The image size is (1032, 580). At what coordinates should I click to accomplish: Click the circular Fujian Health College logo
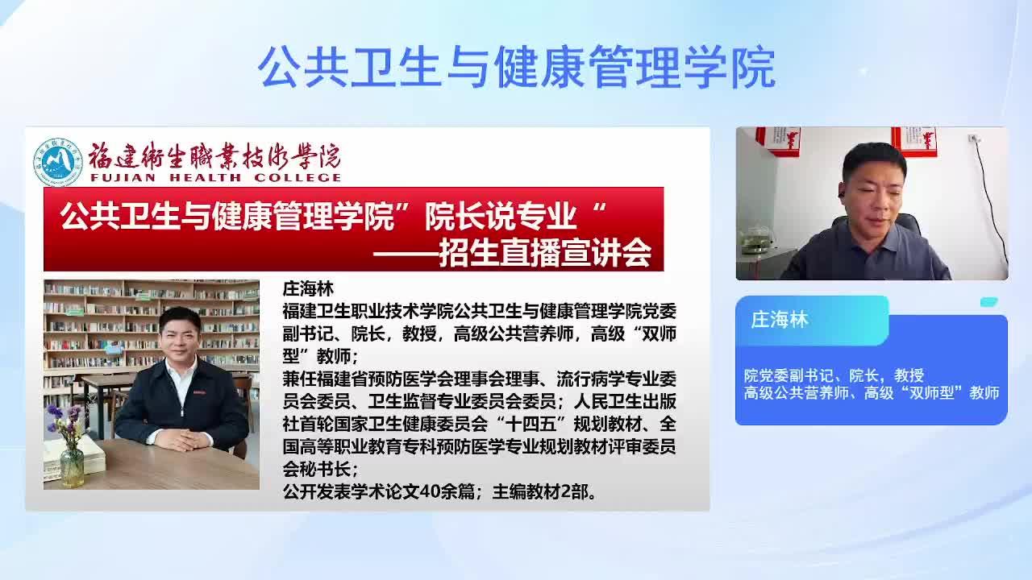coord(58,162)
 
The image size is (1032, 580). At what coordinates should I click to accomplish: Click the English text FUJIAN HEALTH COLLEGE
coord(215,178)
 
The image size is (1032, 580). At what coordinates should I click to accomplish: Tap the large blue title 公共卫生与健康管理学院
coord(517,67)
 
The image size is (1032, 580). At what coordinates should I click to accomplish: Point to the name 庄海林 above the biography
coord(308,289)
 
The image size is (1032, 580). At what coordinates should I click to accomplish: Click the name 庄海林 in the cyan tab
coord(780,320)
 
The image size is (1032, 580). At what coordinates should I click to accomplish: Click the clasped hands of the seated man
coord(182,440)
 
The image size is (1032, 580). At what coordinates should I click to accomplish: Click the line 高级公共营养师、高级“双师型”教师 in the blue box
coord(872,392)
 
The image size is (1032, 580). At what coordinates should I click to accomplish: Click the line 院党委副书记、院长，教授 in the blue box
coord(834,375)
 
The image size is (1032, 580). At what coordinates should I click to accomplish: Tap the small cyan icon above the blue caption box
coord(988,302)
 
